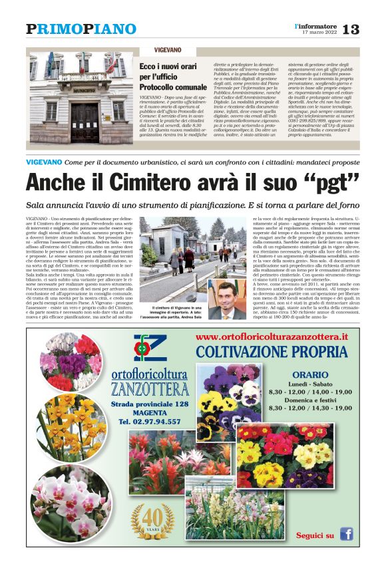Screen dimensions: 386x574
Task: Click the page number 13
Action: (350, 29)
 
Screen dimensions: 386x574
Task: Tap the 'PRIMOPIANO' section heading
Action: (81, 29)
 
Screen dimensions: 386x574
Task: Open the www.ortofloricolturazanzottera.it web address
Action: (272, 337)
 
